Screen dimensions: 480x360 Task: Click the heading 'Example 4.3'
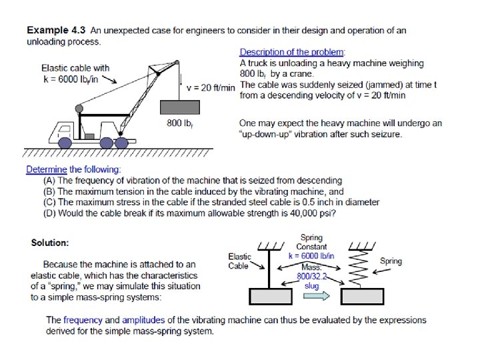point(57,31)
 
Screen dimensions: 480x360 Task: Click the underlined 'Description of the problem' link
point(291,52)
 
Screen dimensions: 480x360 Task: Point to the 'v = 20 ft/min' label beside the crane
point(211,88)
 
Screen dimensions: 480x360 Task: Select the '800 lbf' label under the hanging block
point(180,123)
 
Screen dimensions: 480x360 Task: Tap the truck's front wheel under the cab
point(65,142)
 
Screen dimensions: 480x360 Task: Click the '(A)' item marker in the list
point(49,181)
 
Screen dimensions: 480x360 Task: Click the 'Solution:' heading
point(50,242)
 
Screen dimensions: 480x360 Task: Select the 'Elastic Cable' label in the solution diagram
point(239,261)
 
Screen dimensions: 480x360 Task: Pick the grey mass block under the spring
point(359,295)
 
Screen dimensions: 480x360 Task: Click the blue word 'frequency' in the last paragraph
point(83,320)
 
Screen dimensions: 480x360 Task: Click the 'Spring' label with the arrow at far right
point(391,261)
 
